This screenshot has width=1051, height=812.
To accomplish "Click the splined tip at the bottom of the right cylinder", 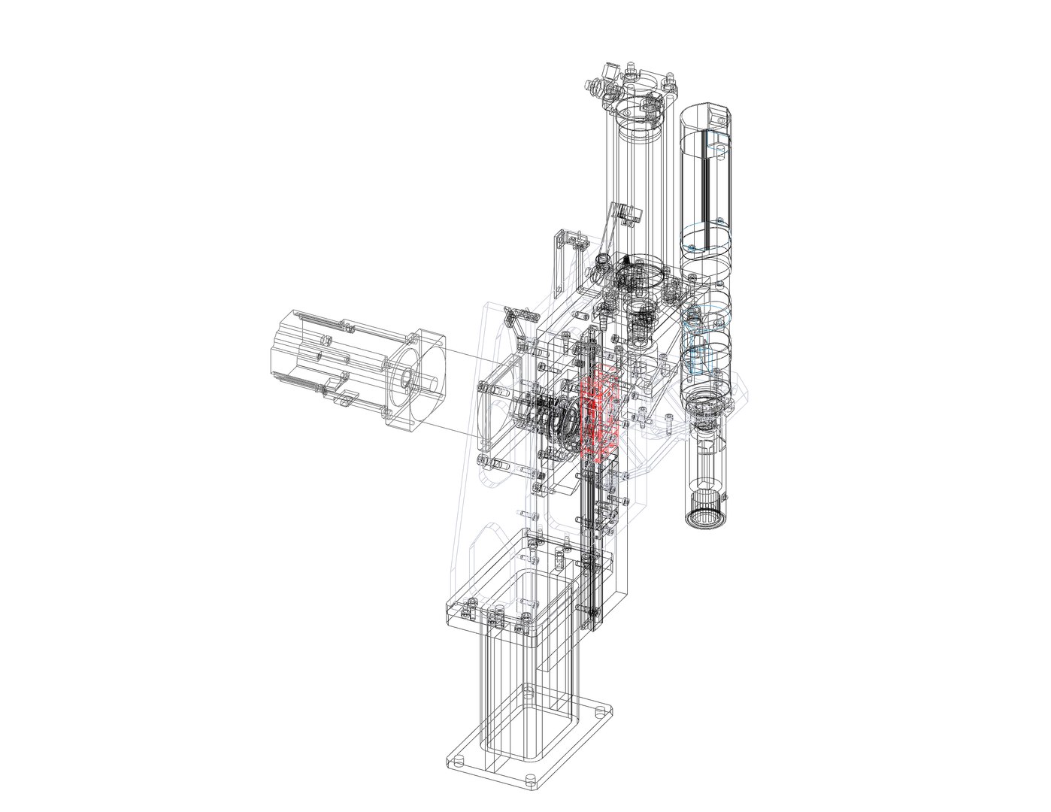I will coord(705,518).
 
